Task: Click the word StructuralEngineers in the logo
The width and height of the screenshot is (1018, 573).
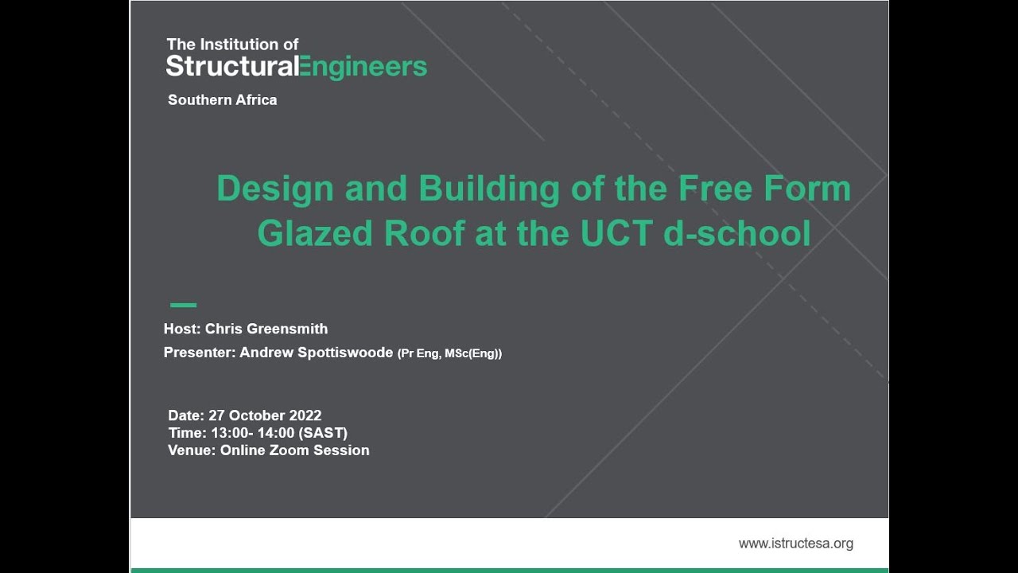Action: pos(296,67)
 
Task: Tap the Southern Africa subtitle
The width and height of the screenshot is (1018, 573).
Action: pos(222,100)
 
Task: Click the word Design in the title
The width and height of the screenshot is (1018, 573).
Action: pos(275,189)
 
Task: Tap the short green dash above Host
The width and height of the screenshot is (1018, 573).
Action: pos(183,305)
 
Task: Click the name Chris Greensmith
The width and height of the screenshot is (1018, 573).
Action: pos(266,329)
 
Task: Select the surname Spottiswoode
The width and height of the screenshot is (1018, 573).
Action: pos(345,353)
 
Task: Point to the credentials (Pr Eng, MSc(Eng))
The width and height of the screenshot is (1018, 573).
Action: pos(449,353)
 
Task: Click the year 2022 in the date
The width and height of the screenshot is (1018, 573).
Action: pos(305,415)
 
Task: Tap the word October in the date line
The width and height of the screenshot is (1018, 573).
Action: pos(258,415)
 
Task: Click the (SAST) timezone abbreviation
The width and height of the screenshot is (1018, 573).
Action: pos(322,433)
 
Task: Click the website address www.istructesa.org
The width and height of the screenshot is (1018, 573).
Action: pos(795,544)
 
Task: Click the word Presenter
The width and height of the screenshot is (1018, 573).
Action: pos(198,353)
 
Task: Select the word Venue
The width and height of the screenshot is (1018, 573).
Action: pos(190,450)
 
